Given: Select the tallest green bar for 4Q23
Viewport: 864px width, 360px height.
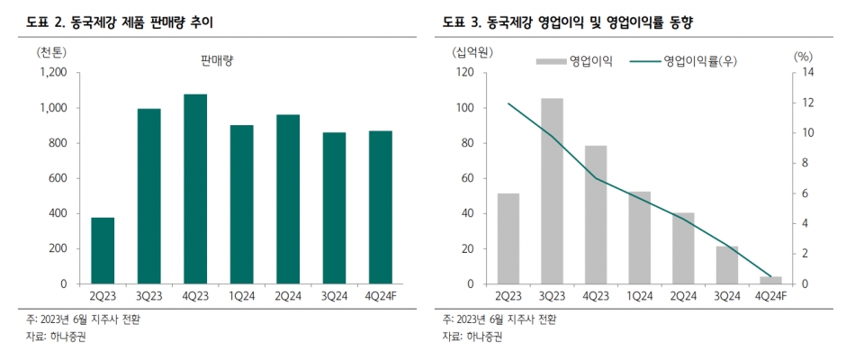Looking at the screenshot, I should (195, 189).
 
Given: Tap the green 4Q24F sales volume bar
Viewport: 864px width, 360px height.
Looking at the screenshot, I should (380, 207).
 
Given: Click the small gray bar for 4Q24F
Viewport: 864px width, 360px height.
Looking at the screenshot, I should (770, 280).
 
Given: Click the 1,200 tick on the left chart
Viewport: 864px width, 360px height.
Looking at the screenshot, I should (53, 73).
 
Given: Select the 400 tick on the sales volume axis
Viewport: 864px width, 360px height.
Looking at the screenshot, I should (58, 213).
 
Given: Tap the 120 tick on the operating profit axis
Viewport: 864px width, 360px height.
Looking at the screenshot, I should (465, 73).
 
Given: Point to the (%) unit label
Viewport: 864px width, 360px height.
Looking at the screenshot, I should (803, 54).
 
